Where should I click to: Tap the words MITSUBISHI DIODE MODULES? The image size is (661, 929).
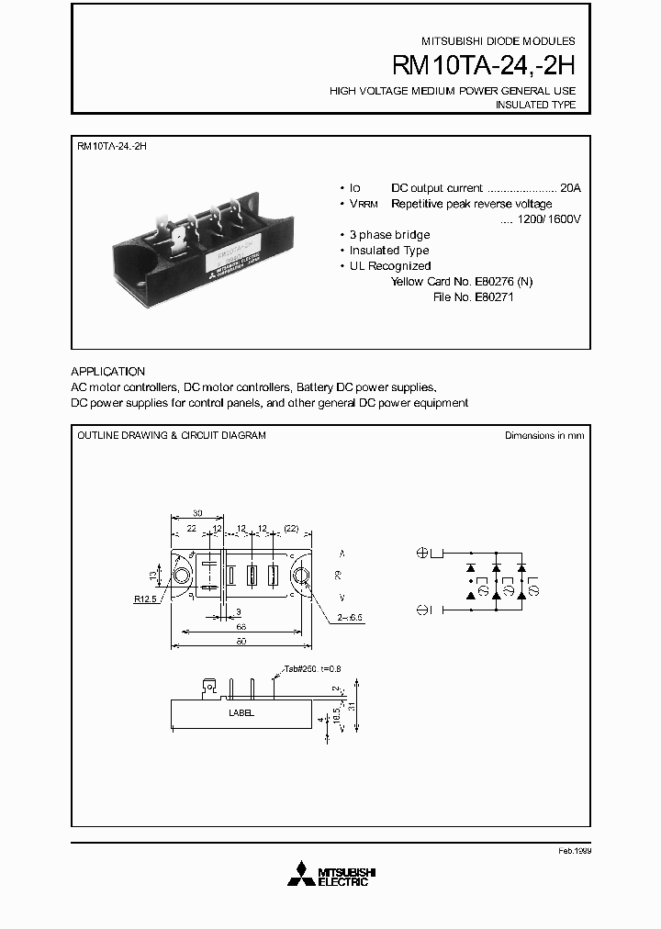(499, 41)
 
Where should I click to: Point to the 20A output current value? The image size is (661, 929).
(570, 187)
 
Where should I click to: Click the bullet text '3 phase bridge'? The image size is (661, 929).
(389, 235)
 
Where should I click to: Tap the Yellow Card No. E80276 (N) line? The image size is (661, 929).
(462, 282)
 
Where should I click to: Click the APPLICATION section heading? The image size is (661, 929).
(107, 372)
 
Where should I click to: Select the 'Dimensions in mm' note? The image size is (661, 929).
(544, 435)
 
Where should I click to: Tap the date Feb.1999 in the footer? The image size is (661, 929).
(574, 851)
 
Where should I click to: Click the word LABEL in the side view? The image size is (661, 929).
(241, 712)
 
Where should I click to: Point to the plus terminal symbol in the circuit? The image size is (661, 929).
(423, 553)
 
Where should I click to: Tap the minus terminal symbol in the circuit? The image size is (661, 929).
(423, 609)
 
